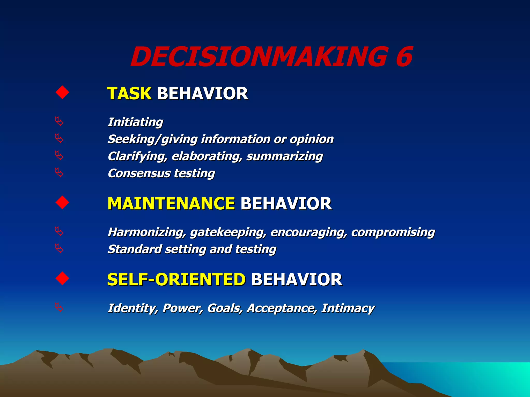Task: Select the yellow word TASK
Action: tap(129, 93)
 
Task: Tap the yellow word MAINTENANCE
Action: tap(171, 203)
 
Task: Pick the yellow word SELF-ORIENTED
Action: tap(176, 279)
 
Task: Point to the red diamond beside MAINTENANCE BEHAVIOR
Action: tap(62, 203)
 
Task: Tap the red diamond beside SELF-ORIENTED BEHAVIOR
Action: tap(62, 279)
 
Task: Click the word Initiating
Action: tap(135, 122)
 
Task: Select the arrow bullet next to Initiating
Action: tap(59, 121)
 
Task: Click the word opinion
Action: tap(312, 139)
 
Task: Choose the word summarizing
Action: tap(284, 156)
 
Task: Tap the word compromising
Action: tap(393, 232)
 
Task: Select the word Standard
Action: tap(135, 249)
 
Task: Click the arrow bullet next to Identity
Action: tap(59, 307)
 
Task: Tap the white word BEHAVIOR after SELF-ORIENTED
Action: tap(297, 279)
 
